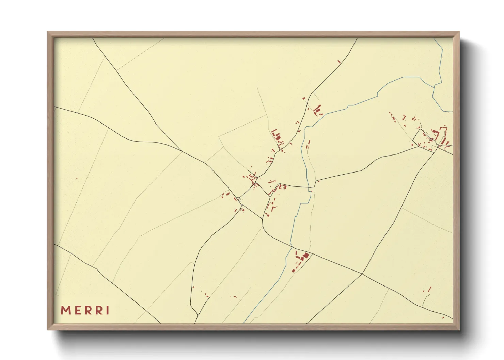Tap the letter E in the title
point(77,310)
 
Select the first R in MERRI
point(88,310)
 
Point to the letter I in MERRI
point(108,310)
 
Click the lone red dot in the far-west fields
point(77,178)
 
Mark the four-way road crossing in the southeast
point(362,273)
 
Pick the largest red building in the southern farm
point(306,255)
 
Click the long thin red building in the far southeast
point(429,289)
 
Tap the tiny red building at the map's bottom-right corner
point(443,318)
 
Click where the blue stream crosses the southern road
point(291,246)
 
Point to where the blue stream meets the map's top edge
point(434,38)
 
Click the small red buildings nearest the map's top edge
point(338,62)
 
